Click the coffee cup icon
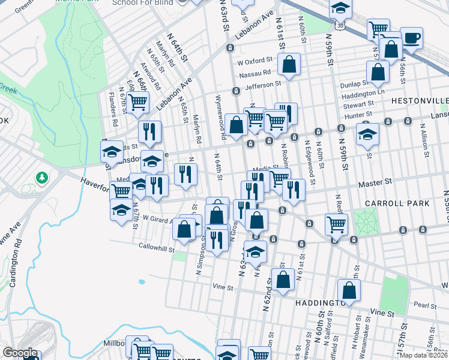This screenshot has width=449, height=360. (x=411, y=38)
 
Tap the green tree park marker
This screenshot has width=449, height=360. (x=41, y=178)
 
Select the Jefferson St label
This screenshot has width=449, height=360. (x=263, y=85)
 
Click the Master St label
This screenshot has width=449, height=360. (x=376, y=180)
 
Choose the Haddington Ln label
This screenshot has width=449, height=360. (x=363, y=95)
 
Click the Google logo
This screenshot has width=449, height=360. (x=20, y=353)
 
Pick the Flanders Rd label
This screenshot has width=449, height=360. (x=111, y=103)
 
